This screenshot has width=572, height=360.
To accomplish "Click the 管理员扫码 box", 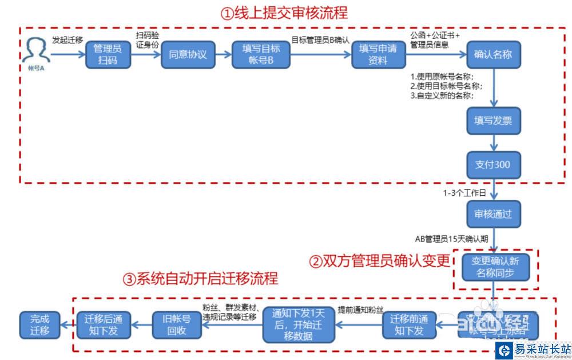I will pyautogui.click(x=108, y=54).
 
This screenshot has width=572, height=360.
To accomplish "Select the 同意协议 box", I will pyautogui.click(x=188, y=55).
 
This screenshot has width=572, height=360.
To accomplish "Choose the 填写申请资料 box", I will pyautogui.click(x=378, y=55).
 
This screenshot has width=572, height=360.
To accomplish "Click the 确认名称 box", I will pyautogui.click(x=493, y=55).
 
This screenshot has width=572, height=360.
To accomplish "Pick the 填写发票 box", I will pyautogui.click(x=493, y=121).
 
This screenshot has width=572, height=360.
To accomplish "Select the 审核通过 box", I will pyautogui.click(x=493, y=215).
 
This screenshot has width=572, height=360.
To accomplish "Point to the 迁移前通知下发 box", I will pyautogui.click(x=409, y=325).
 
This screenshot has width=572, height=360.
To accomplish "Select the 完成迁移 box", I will pyautogui.click(x=40, y=325).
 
